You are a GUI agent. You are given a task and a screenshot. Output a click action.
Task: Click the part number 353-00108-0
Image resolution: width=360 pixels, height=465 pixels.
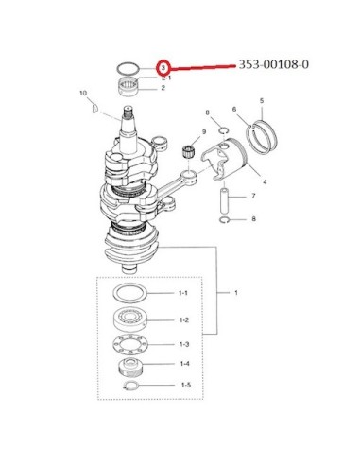click(273, 64)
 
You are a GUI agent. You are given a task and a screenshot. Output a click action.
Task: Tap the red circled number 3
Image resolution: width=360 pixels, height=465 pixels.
click(163, 67)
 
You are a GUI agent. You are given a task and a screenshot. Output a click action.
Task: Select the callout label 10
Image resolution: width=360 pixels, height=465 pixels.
click(83, 93)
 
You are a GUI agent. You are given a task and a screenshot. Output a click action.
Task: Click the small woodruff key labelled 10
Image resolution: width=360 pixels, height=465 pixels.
click(94, 108)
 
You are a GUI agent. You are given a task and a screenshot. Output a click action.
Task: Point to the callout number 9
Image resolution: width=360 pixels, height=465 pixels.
click(204, 131)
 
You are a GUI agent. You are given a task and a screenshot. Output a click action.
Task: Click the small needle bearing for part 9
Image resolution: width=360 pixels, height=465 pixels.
click(188, 150)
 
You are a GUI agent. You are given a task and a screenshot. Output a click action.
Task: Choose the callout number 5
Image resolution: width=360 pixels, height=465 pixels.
click(262, 101)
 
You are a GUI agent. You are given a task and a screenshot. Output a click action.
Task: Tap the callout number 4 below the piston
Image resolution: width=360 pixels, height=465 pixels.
click(265, 181)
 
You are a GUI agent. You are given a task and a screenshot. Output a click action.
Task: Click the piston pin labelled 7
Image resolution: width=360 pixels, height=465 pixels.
click(224, 201)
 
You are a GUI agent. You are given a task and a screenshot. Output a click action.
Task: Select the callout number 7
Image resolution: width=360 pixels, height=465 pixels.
click(253, 196)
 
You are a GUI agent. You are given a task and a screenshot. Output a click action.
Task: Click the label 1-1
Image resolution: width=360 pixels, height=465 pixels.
click(183, 293)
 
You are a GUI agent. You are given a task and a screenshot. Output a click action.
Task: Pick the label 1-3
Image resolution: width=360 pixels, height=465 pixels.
click(184, 344)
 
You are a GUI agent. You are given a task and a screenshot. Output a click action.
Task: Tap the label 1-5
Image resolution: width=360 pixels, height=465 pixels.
click(186, 385)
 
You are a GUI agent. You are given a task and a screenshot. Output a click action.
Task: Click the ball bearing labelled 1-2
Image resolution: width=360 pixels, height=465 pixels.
click(130, 319)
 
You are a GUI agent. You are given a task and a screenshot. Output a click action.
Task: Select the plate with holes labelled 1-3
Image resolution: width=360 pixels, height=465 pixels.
click(129, 344)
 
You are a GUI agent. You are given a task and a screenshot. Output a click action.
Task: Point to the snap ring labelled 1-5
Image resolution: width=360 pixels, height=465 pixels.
click(130, 386)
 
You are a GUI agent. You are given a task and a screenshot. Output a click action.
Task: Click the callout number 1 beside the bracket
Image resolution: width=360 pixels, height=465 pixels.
click(236, 293)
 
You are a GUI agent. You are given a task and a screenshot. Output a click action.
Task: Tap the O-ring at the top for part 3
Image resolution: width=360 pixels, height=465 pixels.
click(128, 68)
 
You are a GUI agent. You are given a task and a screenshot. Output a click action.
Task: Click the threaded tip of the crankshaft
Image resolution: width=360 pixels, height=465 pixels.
click(128, 111)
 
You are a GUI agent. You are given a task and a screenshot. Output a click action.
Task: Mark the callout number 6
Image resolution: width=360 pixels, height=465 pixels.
click(234, 110)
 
